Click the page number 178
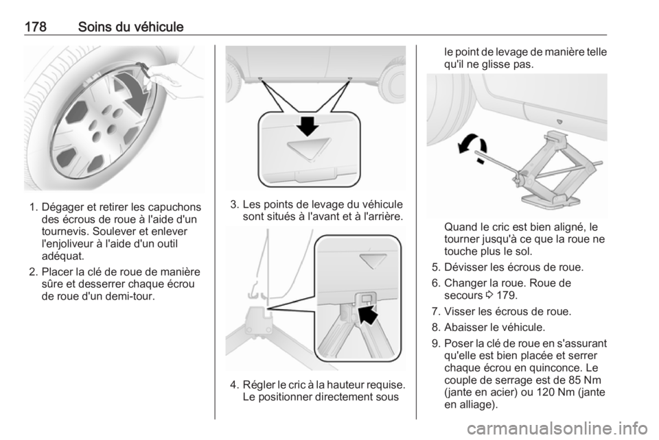click(35, 27)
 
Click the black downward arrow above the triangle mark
click(308, 125)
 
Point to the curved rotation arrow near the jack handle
click(472, 147)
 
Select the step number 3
click(235, 205)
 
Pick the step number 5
click(436, 267)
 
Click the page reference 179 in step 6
click(507, 295)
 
